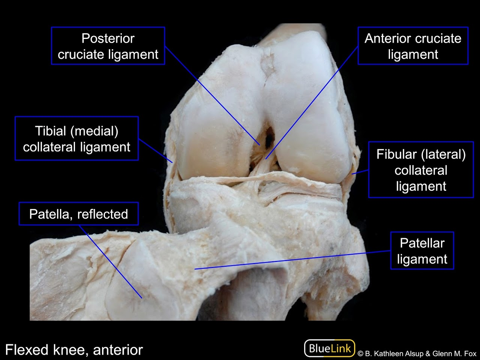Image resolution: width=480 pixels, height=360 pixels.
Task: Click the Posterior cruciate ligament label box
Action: [x=108, y=46]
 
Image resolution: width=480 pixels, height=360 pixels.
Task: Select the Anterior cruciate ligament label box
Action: [x=413, y=46]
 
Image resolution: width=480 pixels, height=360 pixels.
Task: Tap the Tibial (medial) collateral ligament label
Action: [x=76, y=139]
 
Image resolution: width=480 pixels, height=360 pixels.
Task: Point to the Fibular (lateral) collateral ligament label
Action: [x=421, y=170]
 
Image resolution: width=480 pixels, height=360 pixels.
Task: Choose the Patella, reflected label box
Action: [x=78, y=214]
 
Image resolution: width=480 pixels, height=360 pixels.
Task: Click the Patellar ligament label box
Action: [x=422, y=250]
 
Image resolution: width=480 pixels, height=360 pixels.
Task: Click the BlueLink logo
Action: [x=330, y=348]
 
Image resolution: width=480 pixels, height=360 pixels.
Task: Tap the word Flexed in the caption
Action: [x=27, y=350]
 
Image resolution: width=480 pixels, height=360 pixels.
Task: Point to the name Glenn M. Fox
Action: [x=454, y=354]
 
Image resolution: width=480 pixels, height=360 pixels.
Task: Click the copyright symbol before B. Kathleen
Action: [x=360, y=354]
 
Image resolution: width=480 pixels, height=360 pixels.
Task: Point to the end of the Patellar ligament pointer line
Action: [x=195, y=269]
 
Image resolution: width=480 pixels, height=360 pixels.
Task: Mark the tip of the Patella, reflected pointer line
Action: [x=142, y=298]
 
